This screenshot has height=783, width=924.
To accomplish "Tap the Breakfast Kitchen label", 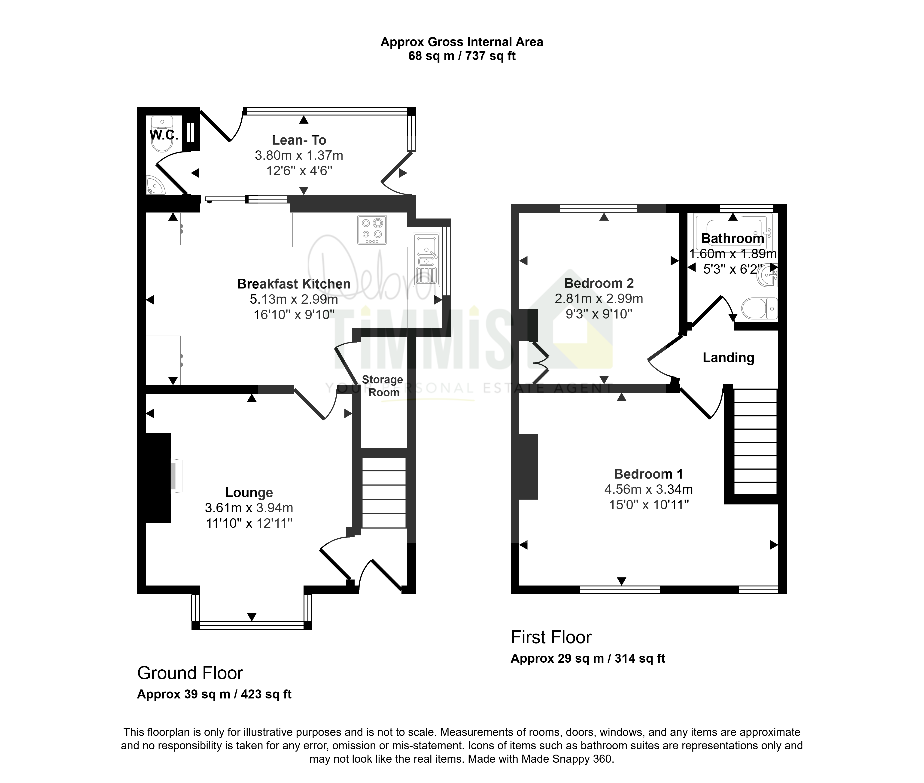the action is click(294, 284).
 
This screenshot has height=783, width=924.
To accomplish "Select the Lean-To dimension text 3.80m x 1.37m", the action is click(299, 155).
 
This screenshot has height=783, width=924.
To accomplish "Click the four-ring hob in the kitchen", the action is click(372, 230).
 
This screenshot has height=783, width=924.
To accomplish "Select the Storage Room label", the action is click(383, 386).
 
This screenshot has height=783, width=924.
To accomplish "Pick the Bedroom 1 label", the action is click(648, 474).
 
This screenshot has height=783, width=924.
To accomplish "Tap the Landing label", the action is click(728, 358).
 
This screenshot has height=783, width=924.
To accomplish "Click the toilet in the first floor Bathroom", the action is click(759, 308).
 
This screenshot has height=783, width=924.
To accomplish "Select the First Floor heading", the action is click(551, 637).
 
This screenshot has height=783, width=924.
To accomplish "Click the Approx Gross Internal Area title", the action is click(462, 42).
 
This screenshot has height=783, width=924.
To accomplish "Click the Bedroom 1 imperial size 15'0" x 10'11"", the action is click(648, 505).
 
